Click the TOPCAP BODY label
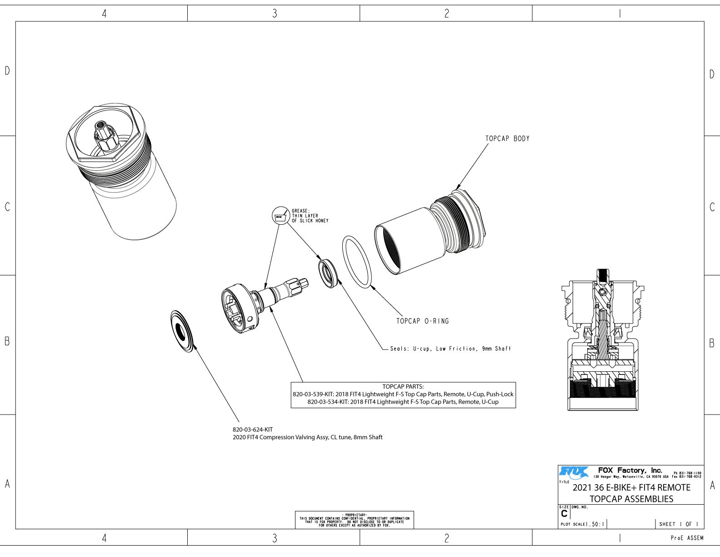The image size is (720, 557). [507, 138]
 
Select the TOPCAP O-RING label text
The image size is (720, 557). [422, 321]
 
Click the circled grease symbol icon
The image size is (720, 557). [280, 217]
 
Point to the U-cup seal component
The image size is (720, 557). [328, 273]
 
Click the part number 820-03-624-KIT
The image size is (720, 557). [253, 429]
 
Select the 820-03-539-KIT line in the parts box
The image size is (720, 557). [403, 394]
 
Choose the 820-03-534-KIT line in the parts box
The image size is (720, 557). [403, 402]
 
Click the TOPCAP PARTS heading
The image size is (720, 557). [403, 386]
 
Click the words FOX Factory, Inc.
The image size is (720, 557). [630, 470]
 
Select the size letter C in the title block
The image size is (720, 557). [564, 514]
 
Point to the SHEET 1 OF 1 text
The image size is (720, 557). [679, 524]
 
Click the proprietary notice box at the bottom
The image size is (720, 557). [355, 520]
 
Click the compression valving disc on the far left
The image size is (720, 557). [183, 331]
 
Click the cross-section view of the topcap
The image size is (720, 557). [603, 341]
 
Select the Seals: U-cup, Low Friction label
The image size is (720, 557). [450, 349]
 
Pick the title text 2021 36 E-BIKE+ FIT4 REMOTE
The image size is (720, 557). [631, 487]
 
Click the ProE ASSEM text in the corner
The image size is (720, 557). [687, 538]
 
